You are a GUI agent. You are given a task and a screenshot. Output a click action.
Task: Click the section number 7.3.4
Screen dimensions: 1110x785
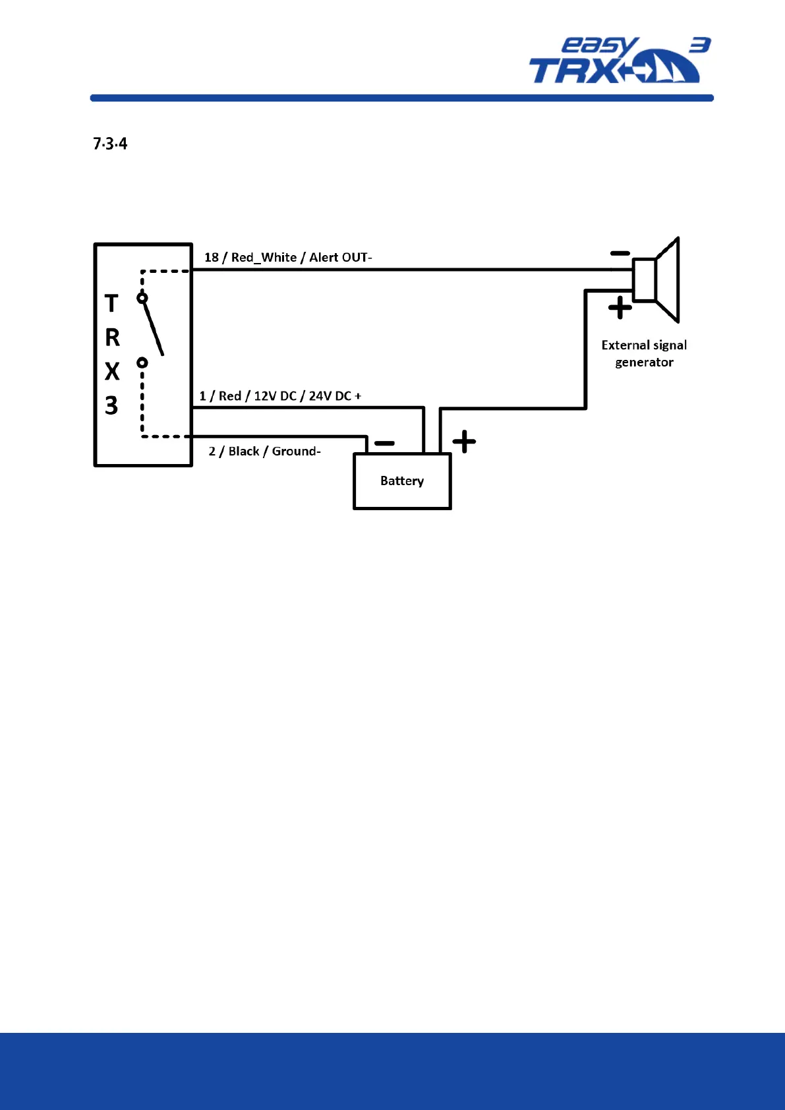[x=110, y=144]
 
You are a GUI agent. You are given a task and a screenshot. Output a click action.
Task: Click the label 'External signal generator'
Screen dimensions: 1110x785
[x=644, y=353]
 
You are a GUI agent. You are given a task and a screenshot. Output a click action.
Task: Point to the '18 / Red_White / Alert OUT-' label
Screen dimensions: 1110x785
[x=288, y=257]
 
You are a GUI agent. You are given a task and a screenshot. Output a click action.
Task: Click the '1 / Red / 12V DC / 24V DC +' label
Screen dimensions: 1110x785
[x=280, y=396]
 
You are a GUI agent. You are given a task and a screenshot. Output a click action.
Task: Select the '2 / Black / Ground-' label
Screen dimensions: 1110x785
[x=264, y=452]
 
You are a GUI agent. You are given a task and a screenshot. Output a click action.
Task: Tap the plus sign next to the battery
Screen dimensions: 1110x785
[x=464, y=442]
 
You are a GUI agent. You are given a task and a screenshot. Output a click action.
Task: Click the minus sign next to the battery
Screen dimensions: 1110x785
[x=384, y=443]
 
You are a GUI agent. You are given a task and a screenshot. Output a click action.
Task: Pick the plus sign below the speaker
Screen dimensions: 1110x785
[x=620, y=308]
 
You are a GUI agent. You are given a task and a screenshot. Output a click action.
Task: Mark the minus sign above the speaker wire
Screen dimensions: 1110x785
[x=620, y=253]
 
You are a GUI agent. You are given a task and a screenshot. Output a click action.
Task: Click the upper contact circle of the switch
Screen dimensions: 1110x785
[x=142, y=299]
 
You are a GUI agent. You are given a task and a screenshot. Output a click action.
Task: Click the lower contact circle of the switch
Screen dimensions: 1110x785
[x=142, y=363]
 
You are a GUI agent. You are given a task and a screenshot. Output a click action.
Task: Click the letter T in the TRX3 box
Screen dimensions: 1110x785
[x=111, y=304]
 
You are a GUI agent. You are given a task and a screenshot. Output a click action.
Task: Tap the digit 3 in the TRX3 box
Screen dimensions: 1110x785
[x=111, y=405]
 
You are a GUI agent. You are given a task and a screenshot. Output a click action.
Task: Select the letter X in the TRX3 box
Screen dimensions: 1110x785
[x=112, y=372]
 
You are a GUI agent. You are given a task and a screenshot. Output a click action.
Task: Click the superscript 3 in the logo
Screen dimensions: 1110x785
[x=700, y=45]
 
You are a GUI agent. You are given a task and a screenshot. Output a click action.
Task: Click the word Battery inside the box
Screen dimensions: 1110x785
[x=402, y=481]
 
